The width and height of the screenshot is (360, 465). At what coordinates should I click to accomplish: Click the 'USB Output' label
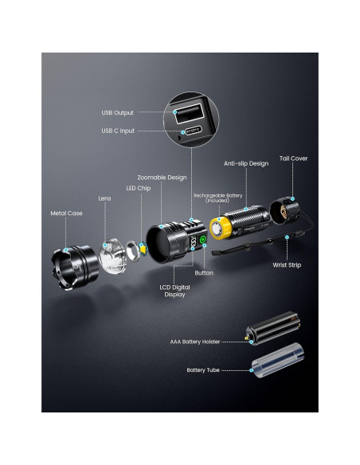[x=118, y=112]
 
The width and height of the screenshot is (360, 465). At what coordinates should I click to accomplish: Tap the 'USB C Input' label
[x=118, y=130]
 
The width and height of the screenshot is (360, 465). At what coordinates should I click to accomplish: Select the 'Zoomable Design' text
[x=162, y=178]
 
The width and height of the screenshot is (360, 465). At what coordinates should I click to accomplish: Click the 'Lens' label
[x=104, y=198]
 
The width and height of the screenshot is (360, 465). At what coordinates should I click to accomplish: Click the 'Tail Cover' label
[x=293, y=158]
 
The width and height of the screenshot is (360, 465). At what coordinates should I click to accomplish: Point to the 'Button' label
[x=204, y=272]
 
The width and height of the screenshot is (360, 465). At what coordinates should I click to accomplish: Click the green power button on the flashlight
[x=202, y=239]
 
